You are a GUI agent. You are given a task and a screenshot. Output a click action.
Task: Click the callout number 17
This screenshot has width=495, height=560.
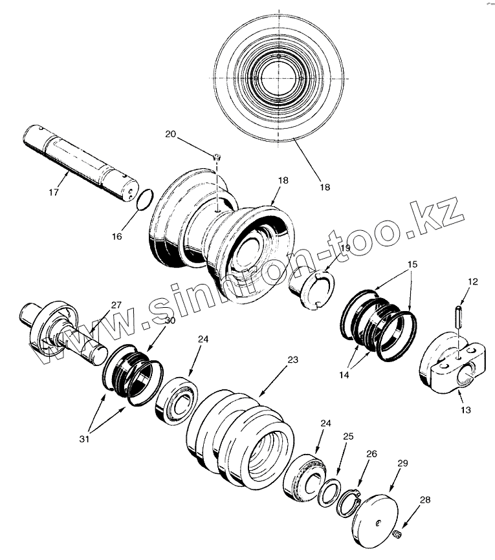click(x=54, y=192)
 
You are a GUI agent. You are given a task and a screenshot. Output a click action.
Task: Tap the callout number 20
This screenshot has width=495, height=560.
click(x=170, y=134)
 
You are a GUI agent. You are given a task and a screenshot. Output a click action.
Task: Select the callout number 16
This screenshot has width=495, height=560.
click(x=116, y=237)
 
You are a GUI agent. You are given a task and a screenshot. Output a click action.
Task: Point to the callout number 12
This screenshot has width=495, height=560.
click(x=473, y=281)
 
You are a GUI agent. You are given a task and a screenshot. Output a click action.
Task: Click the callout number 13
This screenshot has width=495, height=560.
click(x=466, y=410)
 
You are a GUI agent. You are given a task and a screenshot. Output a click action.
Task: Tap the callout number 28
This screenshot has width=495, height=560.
click(x=424, y=499)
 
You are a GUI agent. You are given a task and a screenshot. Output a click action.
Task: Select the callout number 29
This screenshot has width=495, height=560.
click(x=402, y=464)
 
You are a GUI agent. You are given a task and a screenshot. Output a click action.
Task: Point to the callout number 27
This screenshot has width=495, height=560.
click(x=116, y=305)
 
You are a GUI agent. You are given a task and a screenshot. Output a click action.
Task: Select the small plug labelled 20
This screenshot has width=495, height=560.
click(x=217, y=156)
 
